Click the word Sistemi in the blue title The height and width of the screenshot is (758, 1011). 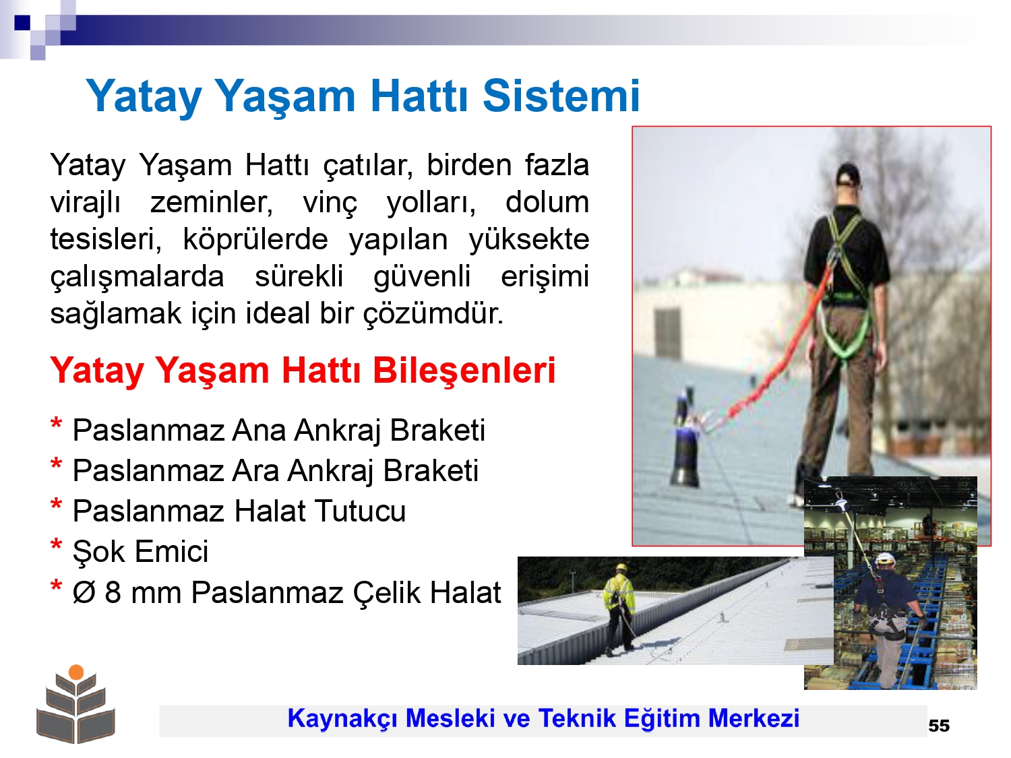pyautogui.click(x=561, y=96)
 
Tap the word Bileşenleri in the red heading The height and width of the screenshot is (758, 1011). pyautogui.click(x=464, y=371)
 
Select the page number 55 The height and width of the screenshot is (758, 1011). pyautogui.click(x=939, y=726)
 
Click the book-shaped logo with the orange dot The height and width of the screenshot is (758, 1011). pyautogui.click(x=75, y=703)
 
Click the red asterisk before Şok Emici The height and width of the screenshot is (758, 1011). pyautogui.click(x=56, y=545)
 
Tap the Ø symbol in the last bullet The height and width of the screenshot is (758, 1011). pyautogui.click(x=84, y=592)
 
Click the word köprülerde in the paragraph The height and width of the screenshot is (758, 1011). pyautogui.click(x=255, y=239)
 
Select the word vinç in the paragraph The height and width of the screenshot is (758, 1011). pyautogui.click(x=330, y=203)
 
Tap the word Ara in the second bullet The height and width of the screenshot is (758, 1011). pyautogui.click(x=255, y=471)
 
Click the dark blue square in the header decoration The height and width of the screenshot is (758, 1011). pyautogui.click(x=22, y=22)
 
